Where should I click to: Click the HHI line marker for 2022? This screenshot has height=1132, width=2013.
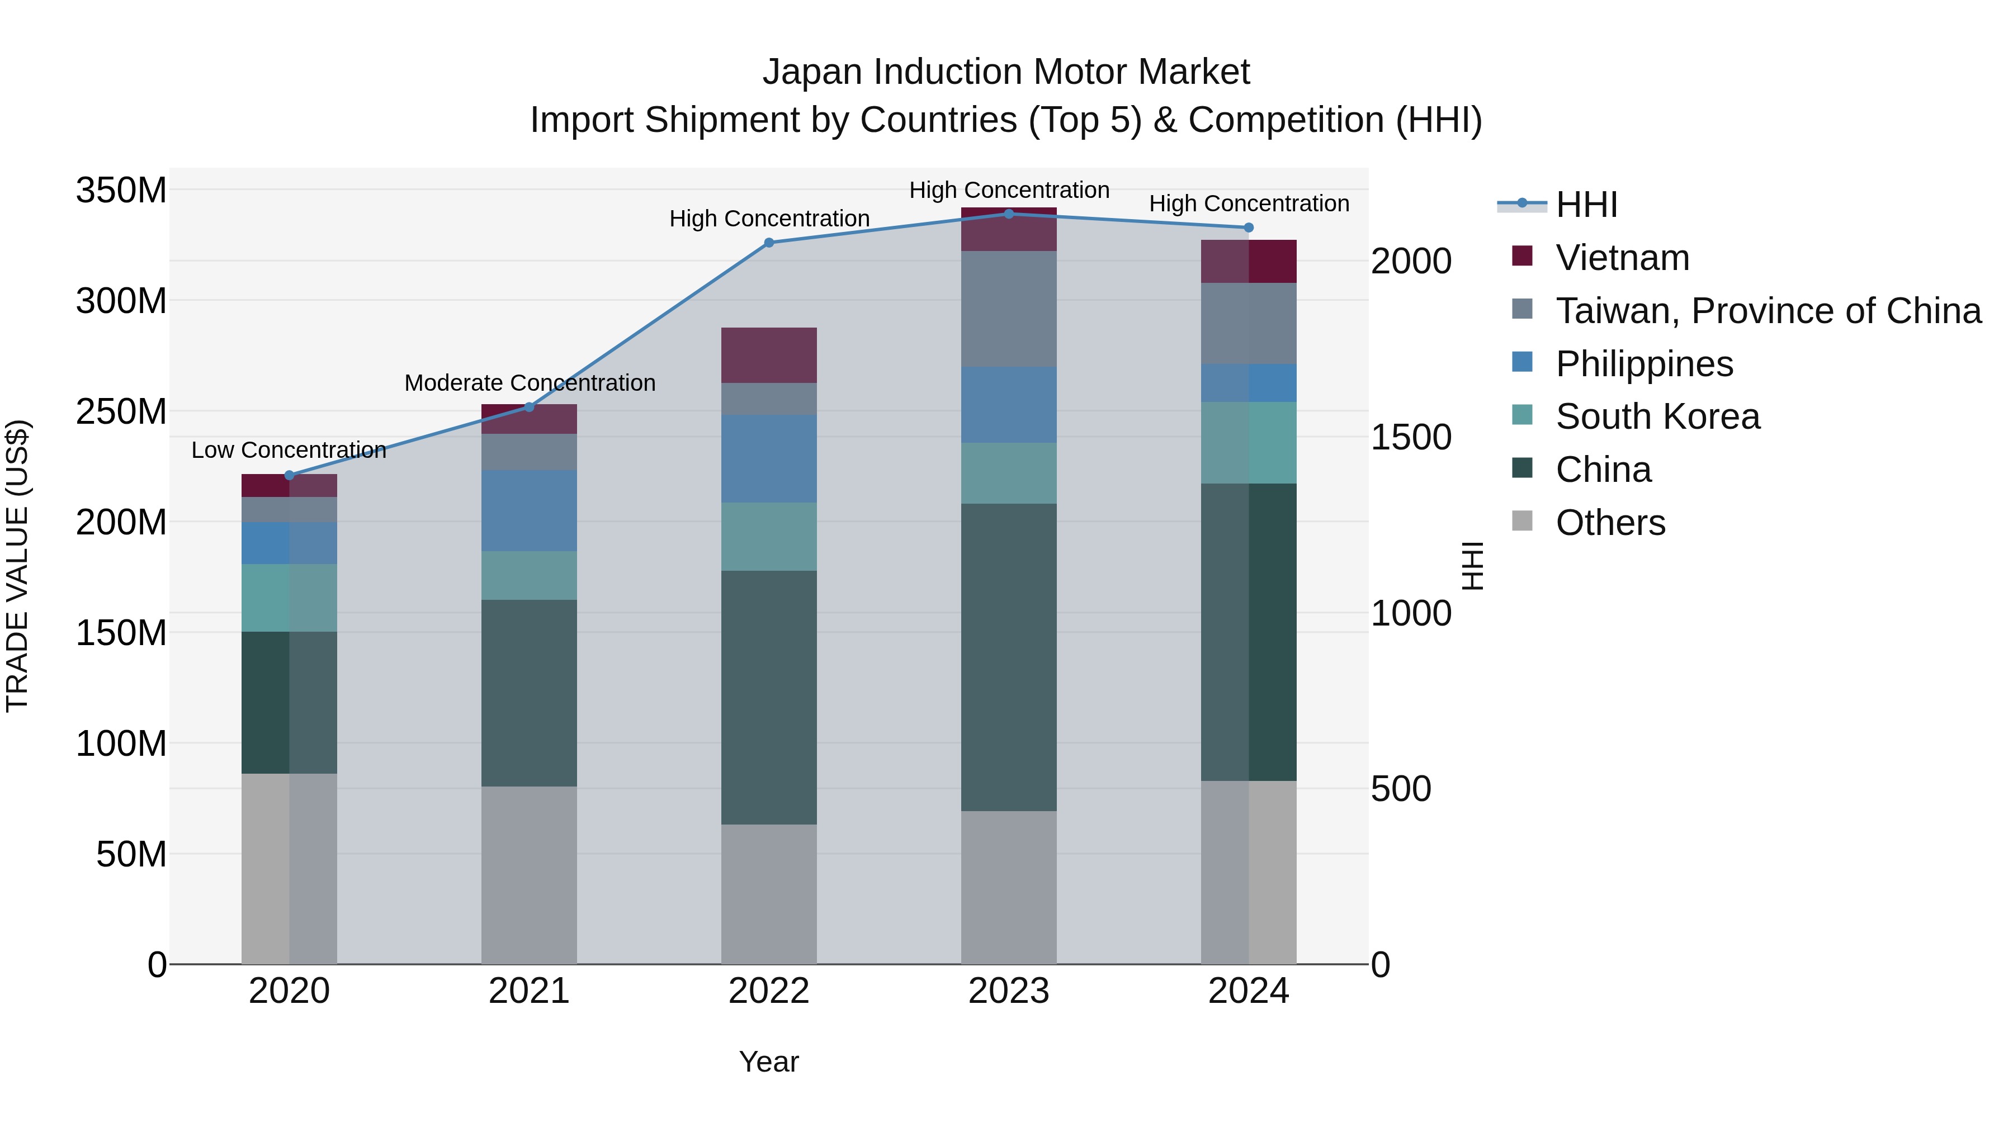(768, 243)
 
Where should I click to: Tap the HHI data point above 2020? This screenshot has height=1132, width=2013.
(289, 475)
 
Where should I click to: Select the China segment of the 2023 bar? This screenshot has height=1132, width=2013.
(1008, 656)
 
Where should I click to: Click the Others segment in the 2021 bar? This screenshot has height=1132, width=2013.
(529, 875)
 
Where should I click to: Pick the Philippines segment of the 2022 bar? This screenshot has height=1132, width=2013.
(768, 458)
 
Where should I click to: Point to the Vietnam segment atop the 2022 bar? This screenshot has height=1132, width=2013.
(768, 356)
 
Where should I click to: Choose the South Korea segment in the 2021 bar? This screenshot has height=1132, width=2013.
(529, 576)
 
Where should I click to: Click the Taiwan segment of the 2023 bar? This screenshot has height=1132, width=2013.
(1008, 309)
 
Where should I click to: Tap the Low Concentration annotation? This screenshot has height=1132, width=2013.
(289, 451)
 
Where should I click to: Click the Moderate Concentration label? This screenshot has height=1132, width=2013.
(529, 383)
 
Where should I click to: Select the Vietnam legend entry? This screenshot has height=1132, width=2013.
(1622, 258)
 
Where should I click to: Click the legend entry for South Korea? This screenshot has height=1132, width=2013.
(1657, 416)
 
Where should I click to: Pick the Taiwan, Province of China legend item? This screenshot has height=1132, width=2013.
(1768, 311)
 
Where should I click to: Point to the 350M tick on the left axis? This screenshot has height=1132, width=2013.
(121, 191)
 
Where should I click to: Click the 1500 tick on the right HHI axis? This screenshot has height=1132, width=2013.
(1411, 438)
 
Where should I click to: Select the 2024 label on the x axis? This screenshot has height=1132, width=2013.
(1248, 991)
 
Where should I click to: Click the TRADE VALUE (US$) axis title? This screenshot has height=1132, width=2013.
(17, 566)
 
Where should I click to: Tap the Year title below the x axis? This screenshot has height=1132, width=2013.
(768, 1062)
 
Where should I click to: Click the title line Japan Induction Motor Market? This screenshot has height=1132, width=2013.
(1006, 72)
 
